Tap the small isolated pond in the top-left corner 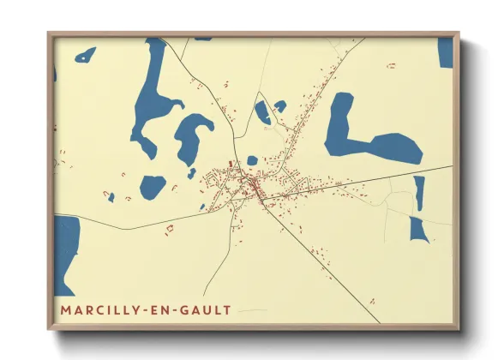86,56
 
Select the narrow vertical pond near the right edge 419,193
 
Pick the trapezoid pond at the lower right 418,229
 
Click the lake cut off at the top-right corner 446,51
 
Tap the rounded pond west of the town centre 153,185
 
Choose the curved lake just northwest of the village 193,137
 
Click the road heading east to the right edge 386,175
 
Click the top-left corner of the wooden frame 49,34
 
